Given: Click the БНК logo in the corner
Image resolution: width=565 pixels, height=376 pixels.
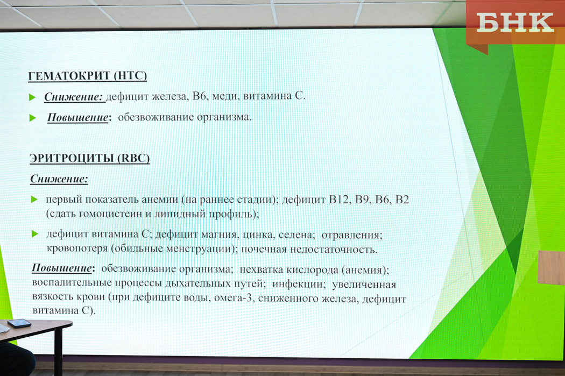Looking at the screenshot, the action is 515,23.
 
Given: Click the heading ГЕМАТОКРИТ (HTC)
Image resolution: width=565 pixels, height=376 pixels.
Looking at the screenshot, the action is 88,76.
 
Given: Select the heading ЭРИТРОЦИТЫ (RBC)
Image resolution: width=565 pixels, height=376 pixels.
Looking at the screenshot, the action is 89,158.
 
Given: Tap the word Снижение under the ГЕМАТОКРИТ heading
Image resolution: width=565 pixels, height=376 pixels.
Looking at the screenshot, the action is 74,96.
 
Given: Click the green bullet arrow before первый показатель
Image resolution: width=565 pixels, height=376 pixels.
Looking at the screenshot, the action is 34,199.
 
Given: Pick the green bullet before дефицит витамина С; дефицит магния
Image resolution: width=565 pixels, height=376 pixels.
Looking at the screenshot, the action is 35,234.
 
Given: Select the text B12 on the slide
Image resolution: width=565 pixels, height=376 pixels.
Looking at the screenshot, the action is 339,199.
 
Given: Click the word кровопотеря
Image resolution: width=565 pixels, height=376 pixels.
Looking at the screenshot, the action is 77,249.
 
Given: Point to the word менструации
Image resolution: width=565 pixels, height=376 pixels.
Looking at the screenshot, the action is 200,249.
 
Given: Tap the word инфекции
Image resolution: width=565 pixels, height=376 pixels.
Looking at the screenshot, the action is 299,284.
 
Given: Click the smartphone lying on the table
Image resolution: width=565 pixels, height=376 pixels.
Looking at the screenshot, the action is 19,323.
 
